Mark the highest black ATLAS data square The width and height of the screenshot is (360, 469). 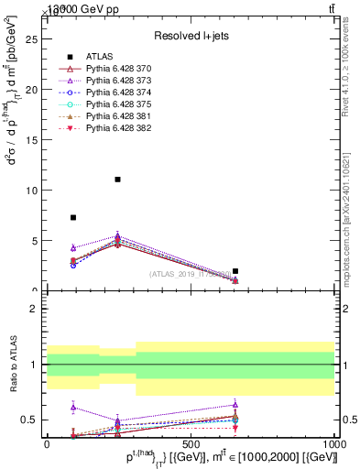(118, 180)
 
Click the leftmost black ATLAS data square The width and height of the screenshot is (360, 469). (73, 218)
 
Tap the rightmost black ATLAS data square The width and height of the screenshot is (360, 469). (235, 271)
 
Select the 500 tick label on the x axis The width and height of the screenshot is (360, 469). (191, 443)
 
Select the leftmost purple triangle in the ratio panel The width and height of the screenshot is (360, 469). (73, 407)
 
